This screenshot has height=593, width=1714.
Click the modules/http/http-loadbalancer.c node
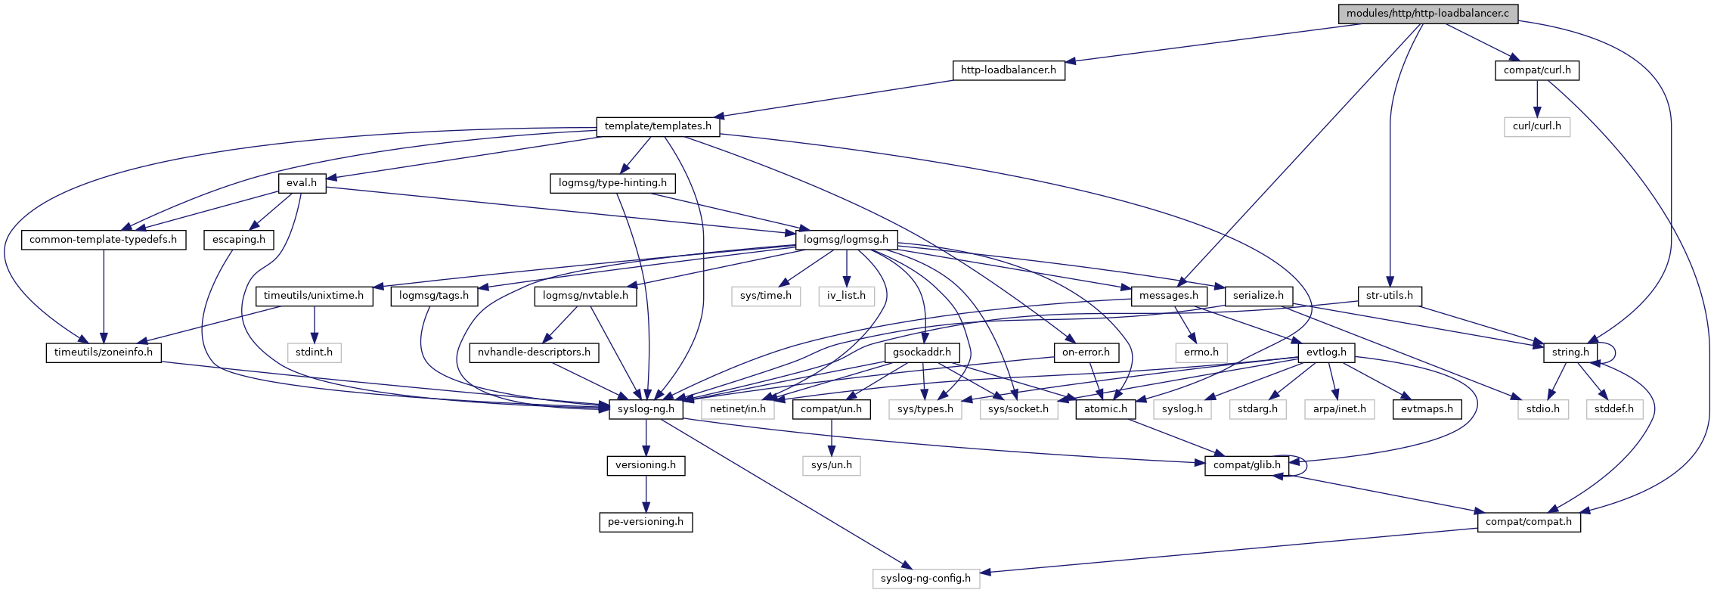(x=1427, y=14)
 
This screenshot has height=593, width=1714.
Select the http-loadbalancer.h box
(x=1008, y=70)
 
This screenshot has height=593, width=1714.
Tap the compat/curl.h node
(x=1537, y=70)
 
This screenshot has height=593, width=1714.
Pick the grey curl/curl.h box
(x=1536, y=126)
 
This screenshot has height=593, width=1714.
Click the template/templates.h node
(x=658, y=126)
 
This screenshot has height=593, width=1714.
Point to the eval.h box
(x=302, y=183)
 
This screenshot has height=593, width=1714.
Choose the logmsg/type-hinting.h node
(x=612, y=183)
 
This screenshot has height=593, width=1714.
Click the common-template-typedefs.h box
(x=104, y=240)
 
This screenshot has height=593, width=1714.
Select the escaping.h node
(x=239, y=240)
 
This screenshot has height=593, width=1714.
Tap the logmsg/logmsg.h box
(x=846, y=240)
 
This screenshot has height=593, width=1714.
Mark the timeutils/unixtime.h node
(x=314, y=296)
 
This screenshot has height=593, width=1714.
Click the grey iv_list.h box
(x=846, y=296)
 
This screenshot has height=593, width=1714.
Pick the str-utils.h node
(x=1390, y=296)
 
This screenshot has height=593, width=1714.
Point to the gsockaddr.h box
(x=922, y=352)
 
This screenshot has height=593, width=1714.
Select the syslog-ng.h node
(x=646, y=409)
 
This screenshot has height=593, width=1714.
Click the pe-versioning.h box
(x=646, y=522)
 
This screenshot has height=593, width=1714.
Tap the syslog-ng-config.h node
(x=925, y=579)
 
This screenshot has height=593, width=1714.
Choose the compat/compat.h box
(x=1529, y=522)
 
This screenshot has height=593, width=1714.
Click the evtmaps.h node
(x=1427, y=409)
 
